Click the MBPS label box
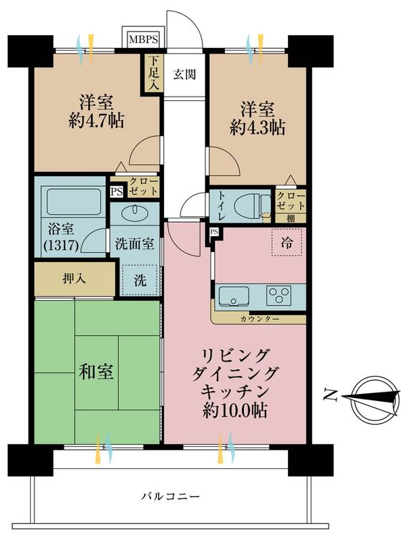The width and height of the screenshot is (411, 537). point(143,39)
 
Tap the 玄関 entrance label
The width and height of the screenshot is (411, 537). point(185,74)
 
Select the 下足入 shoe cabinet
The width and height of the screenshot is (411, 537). point(153,73)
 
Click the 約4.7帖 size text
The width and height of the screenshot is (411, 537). point(97,121)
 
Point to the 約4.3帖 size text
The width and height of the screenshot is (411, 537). point(258,128)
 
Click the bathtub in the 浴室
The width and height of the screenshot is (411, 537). point(74,202)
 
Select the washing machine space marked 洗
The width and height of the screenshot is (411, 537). point(140,280)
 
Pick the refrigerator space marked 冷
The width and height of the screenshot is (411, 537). point(287,243)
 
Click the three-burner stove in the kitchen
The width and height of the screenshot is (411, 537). point(279,295)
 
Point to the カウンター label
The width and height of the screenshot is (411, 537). point(260,319)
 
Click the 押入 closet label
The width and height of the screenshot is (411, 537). point(74,279)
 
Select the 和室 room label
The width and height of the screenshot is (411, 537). point(96,372)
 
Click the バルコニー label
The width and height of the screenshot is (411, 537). point(170,496)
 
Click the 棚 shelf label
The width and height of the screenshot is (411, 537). point(291,218)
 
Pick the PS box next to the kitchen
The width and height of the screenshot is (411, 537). point(214,232)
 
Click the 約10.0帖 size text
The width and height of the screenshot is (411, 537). point(235,410)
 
